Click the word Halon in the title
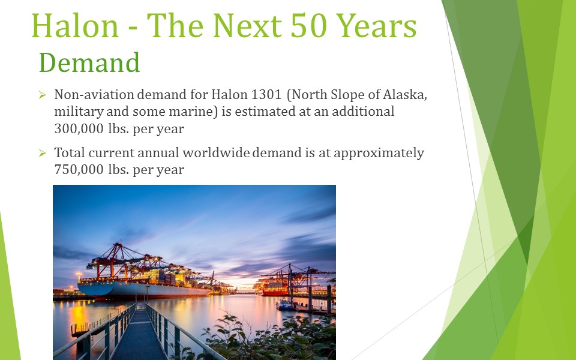click(75, 26)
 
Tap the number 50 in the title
click(308, 26)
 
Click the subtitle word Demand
click(89, 62)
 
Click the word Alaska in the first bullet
click(405, 95)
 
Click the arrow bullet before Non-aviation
click(42, 95)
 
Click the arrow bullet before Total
click(42, 153)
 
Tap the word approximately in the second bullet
click(379, 153)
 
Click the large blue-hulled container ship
click(143, 283)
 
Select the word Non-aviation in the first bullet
click(94, 94)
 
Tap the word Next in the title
click(247, 26)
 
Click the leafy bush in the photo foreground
click(272, 338)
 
